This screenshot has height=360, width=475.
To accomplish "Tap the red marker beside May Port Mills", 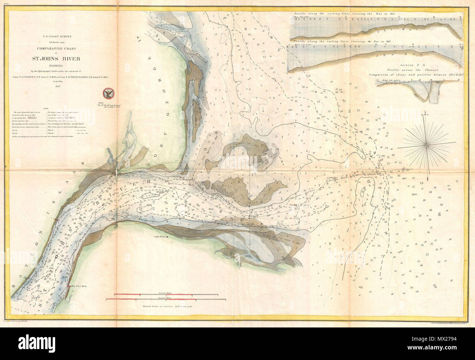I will (68, 286).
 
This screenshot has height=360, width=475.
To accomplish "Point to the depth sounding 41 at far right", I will (457, 181).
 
